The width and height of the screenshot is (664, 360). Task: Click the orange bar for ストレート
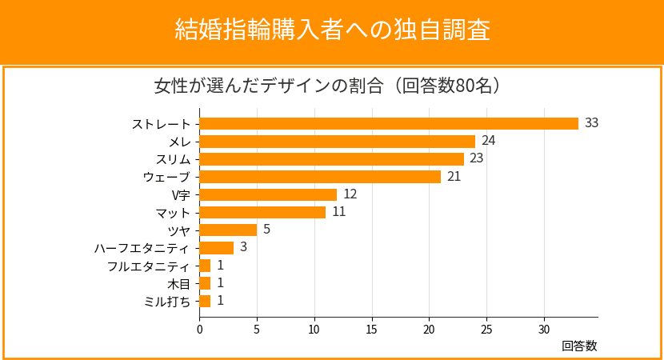(389, 123)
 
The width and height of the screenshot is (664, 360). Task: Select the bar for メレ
(337, 141)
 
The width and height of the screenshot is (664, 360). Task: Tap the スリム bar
(331, 158)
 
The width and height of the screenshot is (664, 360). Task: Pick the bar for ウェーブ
(320, 177)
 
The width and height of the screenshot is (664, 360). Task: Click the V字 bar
(268, 194)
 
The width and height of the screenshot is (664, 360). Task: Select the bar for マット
(262, 212)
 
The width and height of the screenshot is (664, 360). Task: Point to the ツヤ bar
(228, 230)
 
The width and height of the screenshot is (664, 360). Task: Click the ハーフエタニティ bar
(216, 248)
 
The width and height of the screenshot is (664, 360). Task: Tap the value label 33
(592, 123)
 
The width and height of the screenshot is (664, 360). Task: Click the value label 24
(489, 141)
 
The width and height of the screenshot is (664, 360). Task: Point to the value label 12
(350, 194)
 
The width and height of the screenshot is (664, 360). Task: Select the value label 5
(266, 230)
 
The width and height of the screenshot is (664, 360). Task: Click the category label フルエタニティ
(149, 266)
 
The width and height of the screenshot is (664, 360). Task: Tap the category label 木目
(178, 283)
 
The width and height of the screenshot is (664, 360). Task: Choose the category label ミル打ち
(167, 301)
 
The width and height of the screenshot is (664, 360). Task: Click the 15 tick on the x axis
(372, 329)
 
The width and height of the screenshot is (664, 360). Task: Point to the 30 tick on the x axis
(544, 329)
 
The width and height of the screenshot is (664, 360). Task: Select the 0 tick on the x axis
(199, 329)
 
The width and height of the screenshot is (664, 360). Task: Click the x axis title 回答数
(579, 346)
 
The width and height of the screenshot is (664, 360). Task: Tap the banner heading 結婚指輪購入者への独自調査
(332, 30)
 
